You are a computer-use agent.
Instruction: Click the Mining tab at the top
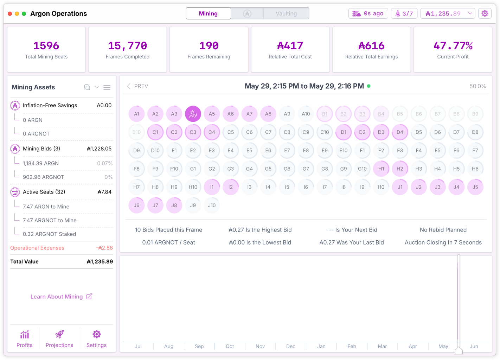[x=208, y=13]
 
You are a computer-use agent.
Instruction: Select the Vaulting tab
[x=286, y=13]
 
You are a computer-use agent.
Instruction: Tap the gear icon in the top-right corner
[x=485, y=13]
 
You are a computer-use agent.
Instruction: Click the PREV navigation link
[x=137, y=86]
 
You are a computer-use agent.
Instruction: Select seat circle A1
[x=137, y=114]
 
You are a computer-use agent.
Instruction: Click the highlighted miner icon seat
[x=193, y=114]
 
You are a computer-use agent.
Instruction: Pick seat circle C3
[x=193, y=132]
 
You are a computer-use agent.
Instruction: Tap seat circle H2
[x=400, y=169]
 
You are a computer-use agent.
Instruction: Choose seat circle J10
[x=212, y=206]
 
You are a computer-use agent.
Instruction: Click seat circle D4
[x=400, y=132]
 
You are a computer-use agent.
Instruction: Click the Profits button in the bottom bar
[x=25, y=339]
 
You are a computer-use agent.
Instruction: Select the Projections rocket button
[x=59, y=339]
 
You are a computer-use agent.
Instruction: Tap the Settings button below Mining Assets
[x=96, y=339]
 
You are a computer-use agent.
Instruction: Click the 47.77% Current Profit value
[x=453, y=46]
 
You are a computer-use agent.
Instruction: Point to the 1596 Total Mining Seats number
[x=46, y=46]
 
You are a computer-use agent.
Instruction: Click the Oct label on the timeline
[x=230, y=346]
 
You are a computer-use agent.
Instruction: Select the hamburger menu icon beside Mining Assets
[x=107, y=87]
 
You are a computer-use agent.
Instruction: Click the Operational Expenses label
[x=37, y=248]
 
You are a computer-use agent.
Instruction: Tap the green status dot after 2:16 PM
[x=369, y=86]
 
